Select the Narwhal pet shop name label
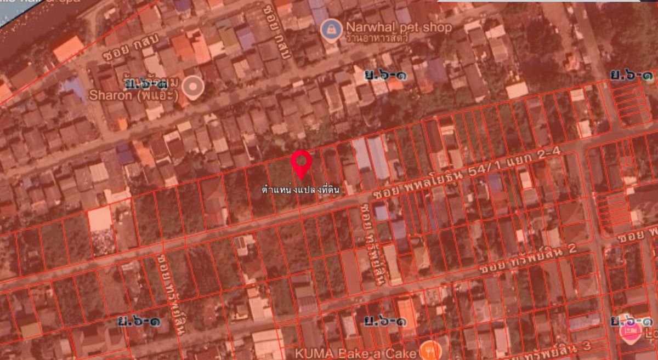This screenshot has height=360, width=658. point(398,27)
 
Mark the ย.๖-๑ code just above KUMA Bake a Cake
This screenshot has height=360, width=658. point(387,321)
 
